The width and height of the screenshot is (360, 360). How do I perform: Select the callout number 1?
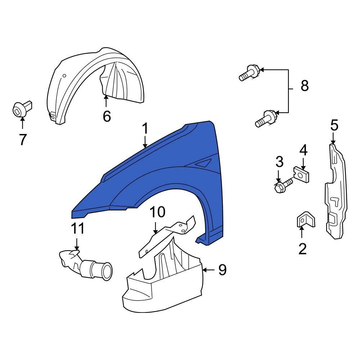coord(145,129)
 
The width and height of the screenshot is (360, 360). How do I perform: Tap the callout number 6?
coord(107,116)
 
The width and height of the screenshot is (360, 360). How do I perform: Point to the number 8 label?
coord(305,86)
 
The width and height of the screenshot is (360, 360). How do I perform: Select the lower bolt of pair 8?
coord(266,118)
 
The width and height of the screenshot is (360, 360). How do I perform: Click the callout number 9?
coord(222,270)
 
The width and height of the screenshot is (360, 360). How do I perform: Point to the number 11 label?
coord(78,229)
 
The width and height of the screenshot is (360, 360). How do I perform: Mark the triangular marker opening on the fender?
coord(202,163)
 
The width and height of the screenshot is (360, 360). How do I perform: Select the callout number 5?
coord(334,125)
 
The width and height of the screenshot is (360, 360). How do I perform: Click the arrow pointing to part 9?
coord(209,270)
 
